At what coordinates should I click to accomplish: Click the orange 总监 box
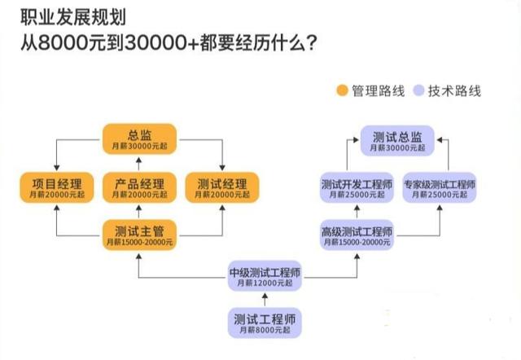[139, 139]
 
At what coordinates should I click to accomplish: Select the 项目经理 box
[54, 187]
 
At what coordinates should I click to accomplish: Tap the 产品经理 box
[139, 187]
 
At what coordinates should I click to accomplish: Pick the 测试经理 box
[222, 187]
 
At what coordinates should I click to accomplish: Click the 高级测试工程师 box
[356, 236]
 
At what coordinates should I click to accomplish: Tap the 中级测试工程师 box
[265, 277]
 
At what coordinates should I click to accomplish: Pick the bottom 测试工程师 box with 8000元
[264, 323]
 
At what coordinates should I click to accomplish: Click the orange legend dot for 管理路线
[342, 90]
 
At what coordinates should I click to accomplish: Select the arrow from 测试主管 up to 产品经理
[139, 211]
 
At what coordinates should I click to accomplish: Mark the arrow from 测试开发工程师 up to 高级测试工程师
[356, 211]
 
